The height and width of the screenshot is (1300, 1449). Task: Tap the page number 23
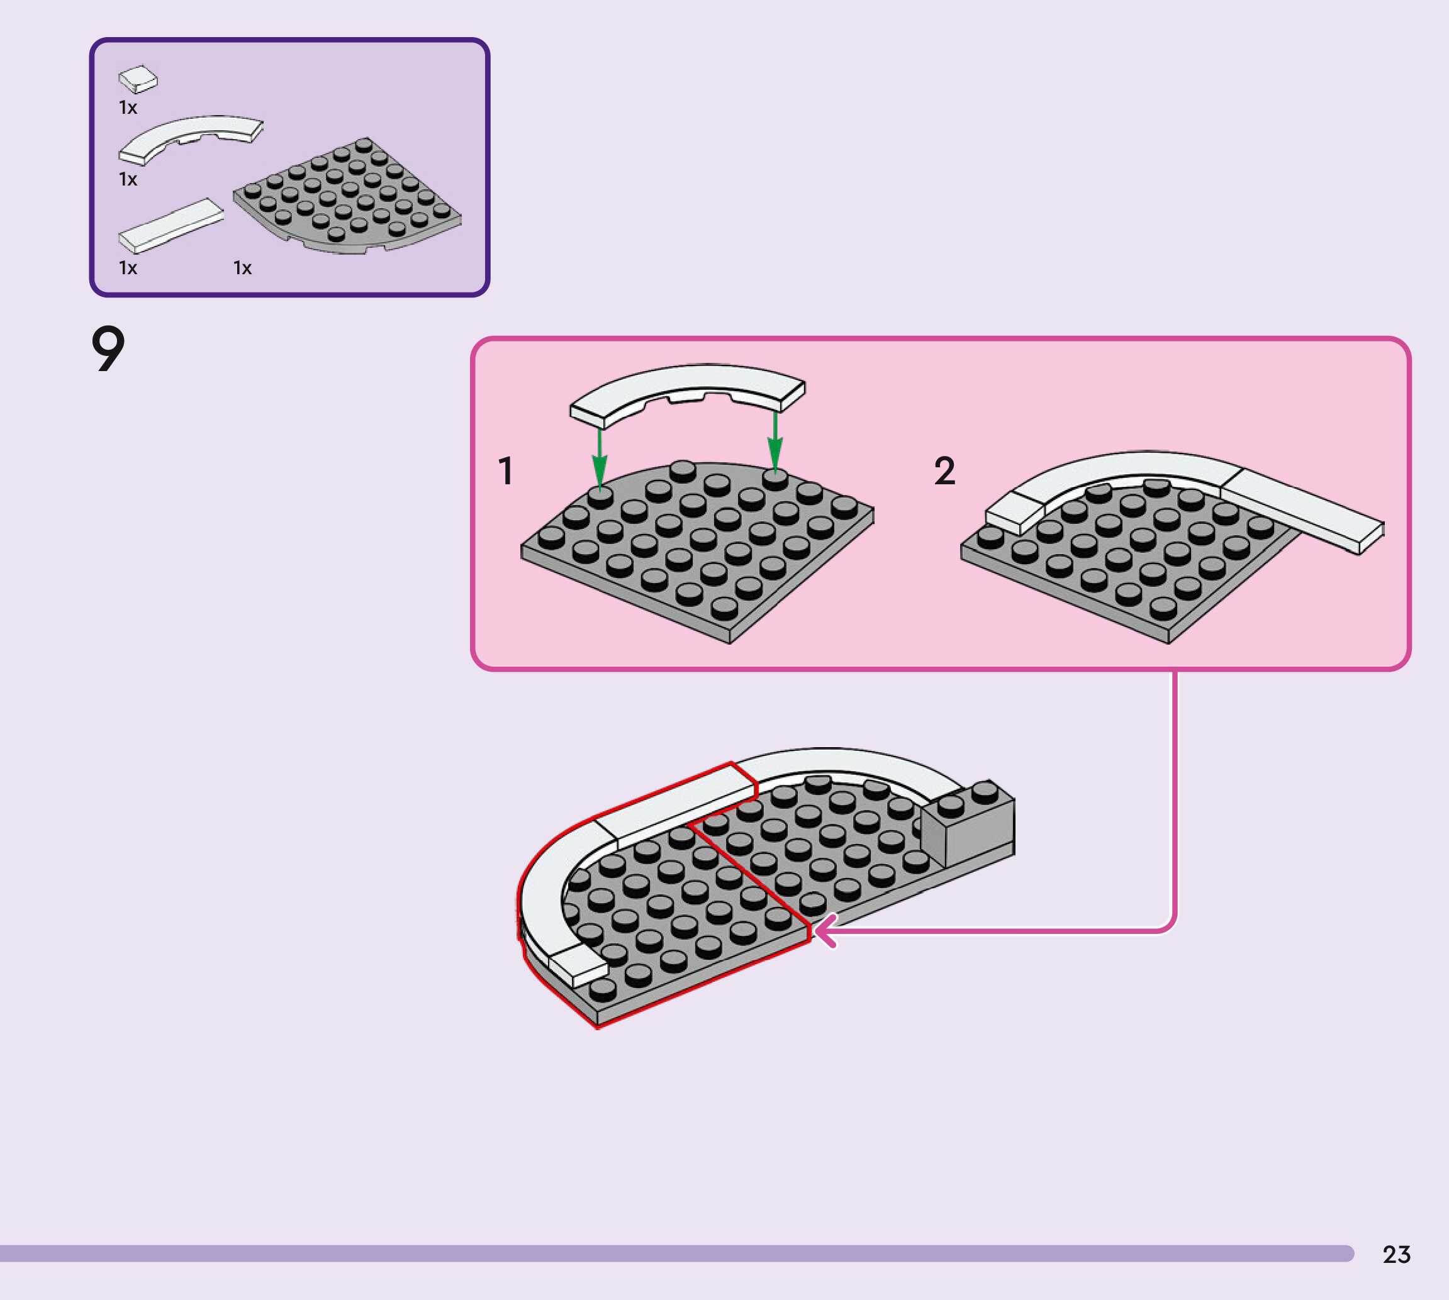1396,1254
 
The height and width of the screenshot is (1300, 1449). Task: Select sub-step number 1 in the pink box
506,472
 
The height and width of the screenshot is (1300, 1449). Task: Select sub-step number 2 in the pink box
944,472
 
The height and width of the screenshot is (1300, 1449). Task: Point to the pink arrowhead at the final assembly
825,931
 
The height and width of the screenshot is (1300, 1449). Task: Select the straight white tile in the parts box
170,225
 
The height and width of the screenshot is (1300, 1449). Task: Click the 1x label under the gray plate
242,268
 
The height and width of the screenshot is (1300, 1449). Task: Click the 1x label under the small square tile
128,108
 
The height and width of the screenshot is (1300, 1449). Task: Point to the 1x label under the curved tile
128,179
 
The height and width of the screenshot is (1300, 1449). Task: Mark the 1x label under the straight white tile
128,268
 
